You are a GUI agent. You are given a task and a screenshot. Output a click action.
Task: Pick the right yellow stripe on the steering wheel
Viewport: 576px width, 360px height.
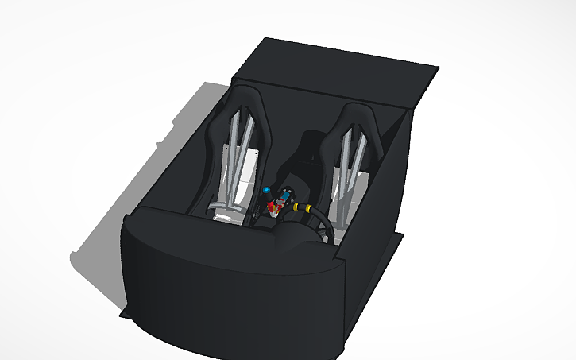[x=307, y=209]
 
